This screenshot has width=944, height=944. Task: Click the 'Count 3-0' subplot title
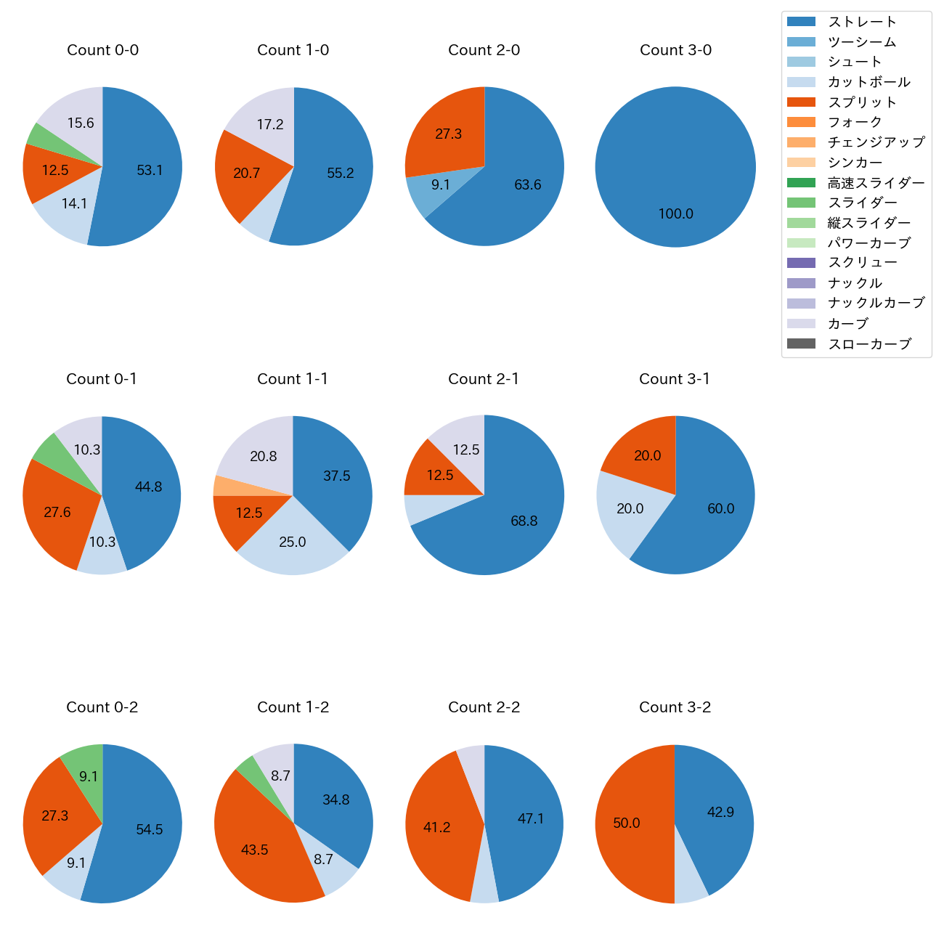click(675, 50)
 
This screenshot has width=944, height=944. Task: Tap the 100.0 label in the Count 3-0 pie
click(675, 214)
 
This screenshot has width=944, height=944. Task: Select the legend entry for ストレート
click(862, 22)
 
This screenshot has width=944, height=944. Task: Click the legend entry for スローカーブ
click(869, 344)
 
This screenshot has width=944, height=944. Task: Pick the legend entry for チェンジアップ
click(876, 142)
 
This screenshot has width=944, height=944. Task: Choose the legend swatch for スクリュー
click(801, 263)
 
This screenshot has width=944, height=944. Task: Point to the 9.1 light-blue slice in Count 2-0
click(436, 189)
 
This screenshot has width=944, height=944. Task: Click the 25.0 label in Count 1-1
click(293, 542)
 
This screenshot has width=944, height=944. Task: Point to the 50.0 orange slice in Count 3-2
click(628, 823)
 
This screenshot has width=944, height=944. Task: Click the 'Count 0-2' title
click(102, 707)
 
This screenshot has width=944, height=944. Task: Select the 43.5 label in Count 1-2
click(255, 850)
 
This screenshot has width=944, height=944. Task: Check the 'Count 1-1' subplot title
click(293, 379)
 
